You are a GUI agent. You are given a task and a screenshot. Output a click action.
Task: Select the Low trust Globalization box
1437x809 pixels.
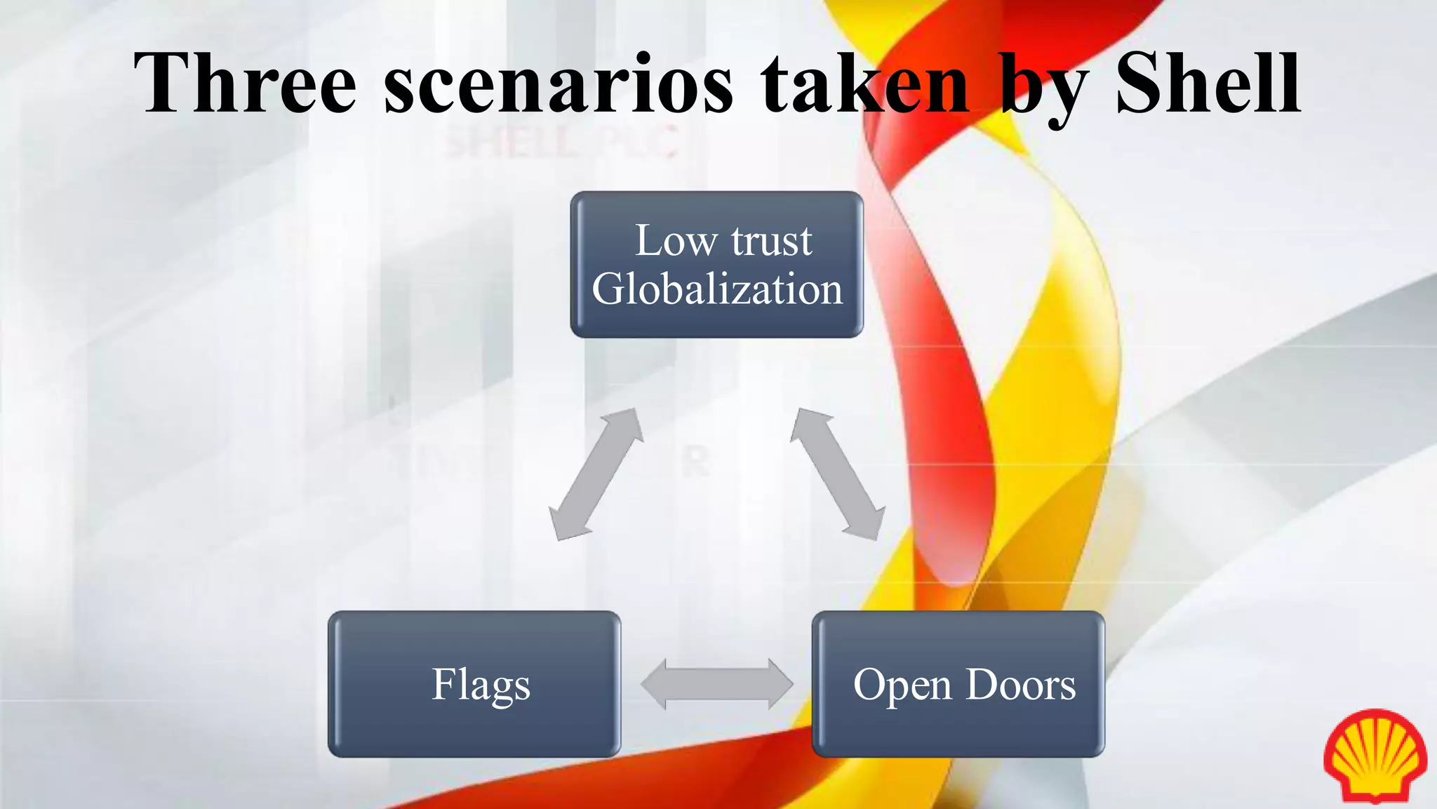pos(716,265)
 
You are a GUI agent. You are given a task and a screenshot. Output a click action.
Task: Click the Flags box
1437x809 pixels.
pos(474,684)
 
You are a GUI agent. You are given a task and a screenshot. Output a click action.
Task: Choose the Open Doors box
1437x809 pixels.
pos(958,684)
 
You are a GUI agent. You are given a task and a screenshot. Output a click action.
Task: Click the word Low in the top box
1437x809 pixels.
pos(676,241)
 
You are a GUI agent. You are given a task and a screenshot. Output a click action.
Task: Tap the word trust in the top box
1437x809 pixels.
pos(772,241)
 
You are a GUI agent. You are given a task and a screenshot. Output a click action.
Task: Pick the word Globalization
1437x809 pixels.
pos(717,289)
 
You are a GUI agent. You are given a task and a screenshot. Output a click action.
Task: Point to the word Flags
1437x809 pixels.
pos(481,685)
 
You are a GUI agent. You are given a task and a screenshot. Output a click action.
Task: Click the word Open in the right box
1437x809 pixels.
pos(902,685)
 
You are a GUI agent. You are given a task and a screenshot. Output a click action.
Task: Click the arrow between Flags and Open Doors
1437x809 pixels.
pos(716,684)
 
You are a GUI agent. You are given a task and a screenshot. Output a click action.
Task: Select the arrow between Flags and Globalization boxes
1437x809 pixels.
pos(596,474)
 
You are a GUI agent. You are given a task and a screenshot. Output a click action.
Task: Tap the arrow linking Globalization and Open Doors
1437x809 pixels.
pos(837,474)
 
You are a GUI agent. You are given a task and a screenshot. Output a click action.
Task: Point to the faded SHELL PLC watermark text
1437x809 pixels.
pos(561,142)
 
